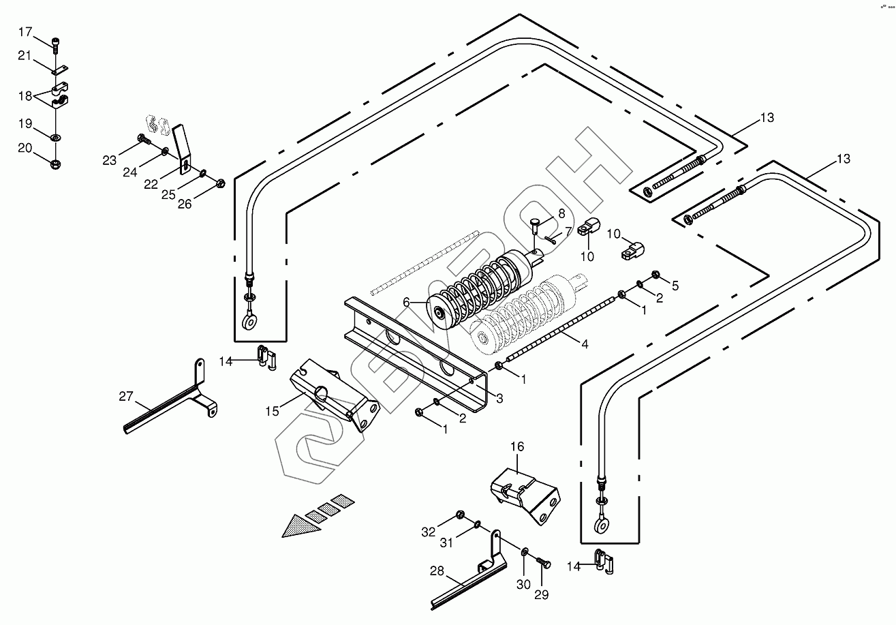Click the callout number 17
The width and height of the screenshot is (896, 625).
click(25, 32)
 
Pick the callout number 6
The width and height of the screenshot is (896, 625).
click(407, 302)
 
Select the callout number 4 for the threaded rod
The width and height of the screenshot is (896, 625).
click(584, 344)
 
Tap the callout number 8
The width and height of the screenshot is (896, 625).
click(561, 213)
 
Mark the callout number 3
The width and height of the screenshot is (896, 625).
click(499, 399)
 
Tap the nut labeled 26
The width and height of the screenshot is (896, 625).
click(221, 183)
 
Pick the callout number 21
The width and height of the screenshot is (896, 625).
click(25, 56)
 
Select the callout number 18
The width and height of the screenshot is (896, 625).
click(25, 96)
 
